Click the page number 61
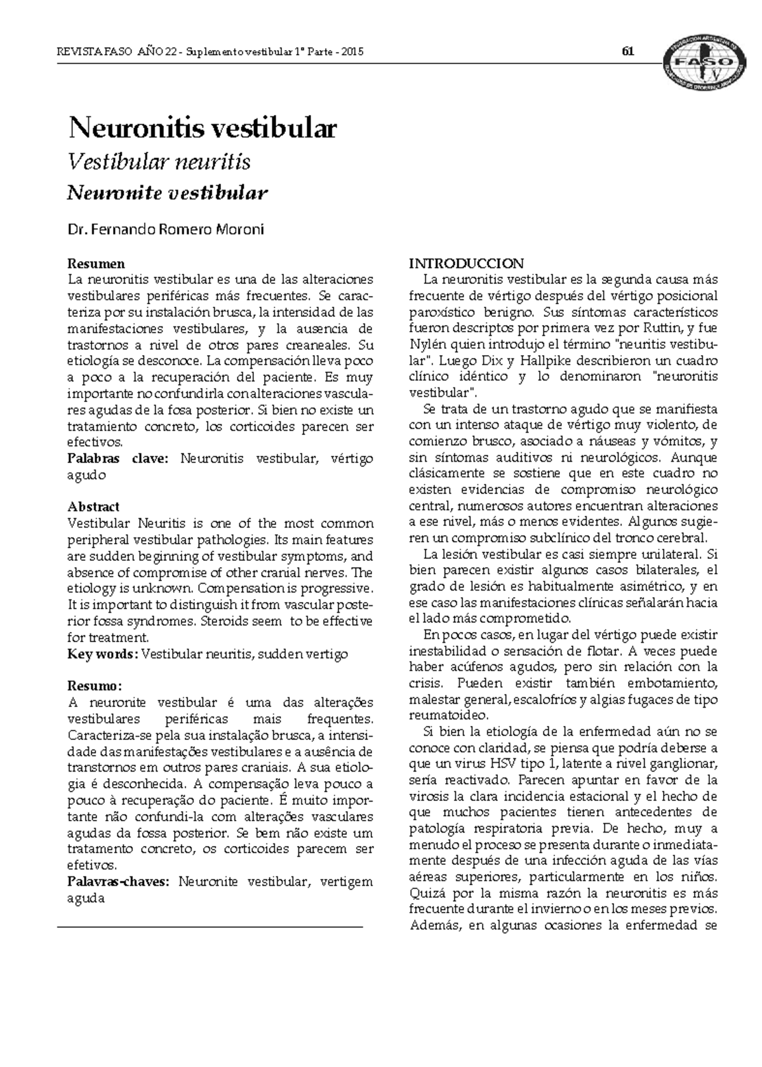(629, 52)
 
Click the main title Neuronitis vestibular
(202, 129)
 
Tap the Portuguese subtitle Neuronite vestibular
(167, 193)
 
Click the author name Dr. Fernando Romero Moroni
(165, 230)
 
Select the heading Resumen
(96, 264)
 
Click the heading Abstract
(93, 507)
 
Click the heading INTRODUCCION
(466, 264)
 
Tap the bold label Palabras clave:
(118, 459)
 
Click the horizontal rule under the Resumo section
(210, 928)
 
